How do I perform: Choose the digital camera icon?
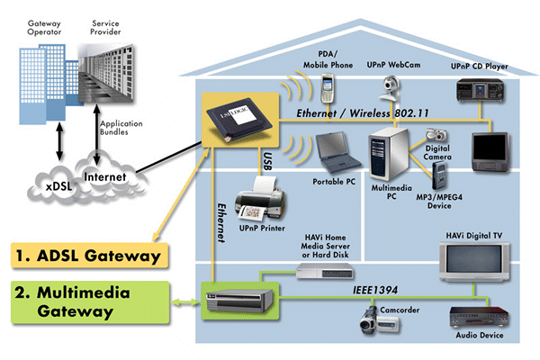[x=435, y=140]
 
